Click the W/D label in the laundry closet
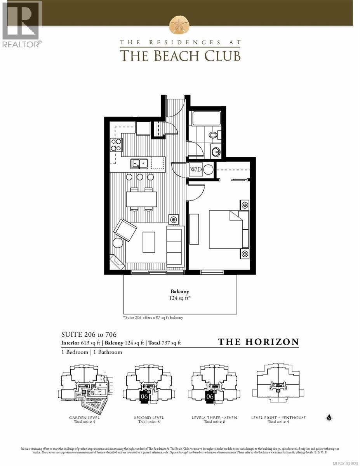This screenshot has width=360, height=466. pos(195,170)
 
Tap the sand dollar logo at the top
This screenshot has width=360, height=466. pos(180,24)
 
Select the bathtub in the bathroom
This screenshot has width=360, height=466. pos(206,118)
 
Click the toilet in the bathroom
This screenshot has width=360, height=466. pos(214,135)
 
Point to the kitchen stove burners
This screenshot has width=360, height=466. pos(116,144)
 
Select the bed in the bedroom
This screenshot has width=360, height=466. pos(229,230)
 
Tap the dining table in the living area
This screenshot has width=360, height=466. pos(141,199)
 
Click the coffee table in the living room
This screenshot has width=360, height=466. pos(149,242)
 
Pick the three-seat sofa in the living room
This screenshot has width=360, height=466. pos(175,246)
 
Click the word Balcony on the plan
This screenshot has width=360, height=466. pos(180,291)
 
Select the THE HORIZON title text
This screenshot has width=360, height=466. pos(258,342)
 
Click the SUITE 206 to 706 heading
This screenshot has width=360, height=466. pos(89,334)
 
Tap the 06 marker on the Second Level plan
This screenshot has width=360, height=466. pos(144,396)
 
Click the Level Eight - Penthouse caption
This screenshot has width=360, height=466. pos(278,418)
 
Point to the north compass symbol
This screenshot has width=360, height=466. pos(330,418)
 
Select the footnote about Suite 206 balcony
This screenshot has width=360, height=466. pos(153,317)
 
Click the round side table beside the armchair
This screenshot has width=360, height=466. pos(118,243)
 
